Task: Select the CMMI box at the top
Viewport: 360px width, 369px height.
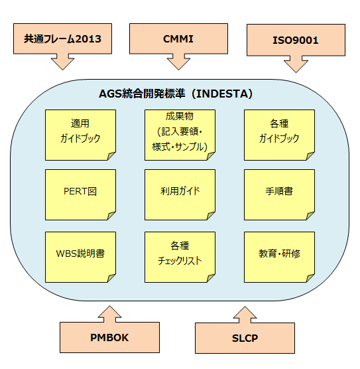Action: (178, 38)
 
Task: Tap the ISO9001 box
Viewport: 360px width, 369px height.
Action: (296, 40)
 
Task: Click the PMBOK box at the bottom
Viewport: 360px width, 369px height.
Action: (109, 337)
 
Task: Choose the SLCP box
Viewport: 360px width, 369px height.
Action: (245, 338)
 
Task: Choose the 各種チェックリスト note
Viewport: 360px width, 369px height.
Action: (178, 256)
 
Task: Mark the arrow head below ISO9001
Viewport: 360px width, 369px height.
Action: (296, 64)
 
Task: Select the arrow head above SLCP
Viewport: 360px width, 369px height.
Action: (245, 314)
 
